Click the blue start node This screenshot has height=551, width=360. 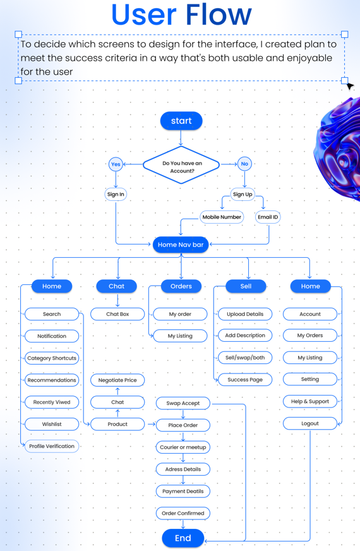[181, 121]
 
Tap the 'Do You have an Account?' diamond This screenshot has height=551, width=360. [181, 165]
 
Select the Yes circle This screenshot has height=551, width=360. [116, 164]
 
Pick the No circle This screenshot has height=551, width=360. [244, 164]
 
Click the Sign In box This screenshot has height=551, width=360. [116, 195]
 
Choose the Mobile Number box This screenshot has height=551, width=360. [222, 217]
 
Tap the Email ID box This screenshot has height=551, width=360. [268, 217]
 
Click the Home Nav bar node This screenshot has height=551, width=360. [181, 245]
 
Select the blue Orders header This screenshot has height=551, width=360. [181, 286]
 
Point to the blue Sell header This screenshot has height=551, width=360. [246, 286]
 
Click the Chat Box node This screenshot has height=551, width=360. [117, 314]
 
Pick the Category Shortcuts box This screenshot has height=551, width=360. [52, 358]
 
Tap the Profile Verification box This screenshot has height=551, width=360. [52, 446]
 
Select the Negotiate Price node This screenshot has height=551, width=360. [117, 380]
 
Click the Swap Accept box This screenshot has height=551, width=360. [183, 403]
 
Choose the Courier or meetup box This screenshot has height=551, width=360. [183, 447]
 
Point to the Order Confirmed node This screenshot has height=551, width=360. [183, 513]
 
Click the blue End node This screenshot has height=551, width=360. [183, 538]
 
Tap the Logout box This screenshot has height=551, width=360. [310, 423]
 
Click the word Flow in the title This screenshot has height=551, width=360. [219, 15]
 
